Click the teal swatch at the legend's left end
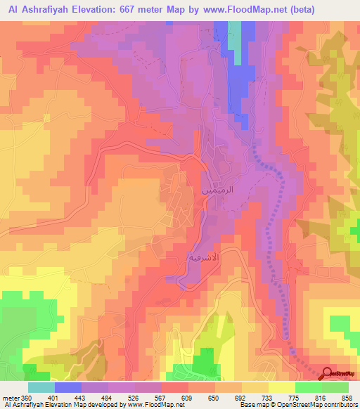tap(41, 387)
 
